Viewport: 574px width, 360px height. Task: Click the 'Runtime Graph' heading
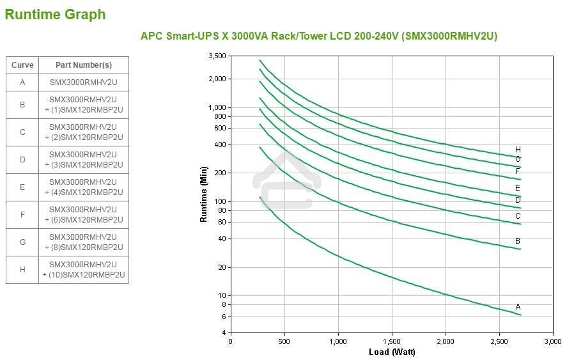pyautogui.click(x=55, y=15)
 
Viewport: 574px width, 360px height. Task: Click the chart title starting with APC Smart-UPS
pyautogui.click(x=318, y=36)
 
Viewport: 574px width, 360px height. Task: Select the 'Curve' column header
pyautogui.click(x=22, y=65)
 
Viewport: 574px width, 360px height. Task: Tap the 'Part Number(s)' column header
pyautogui.click(x=84, y=65)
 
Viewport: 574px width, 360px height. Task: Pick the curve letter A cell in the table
pyautogui.click(x=22, y=82)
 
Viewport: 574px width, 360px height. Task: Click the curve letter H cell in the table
pyautogui.click(x=22, y=270)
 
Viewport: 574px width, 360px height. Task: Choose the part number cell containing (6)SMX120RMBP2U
pyautogui.click(x=84, y=215)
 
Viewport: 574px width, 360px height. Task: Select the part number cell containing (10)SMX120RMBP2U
pyautogui.click(x=84, y=270)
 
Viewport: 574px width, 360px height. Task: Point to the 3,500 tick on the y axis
pyautogui.click(x=217, y=56)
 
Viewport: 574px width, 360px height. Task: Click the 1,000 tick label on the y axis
pyautogui.click(x=217, y=107)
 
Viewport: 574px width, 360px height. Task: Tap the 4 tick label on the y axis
pyautogui.click(x=223, y=333)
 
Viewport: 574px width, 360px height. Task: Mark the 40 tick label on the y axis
pyautogui.click(x=221, y=239)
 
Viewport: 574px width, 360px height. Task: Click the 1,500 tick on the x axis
pyautogui.click(x=392, y=341)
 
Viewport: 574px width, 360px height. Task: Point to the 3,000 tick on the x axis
pyautogui.click(x=552, y=341)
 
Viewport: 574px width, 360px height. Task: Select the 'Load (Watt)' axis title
pyautogui.click(x=392, y=352)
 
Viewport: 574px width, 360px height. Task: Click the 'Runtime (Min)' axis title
pyautogui.click(x=204, y=194)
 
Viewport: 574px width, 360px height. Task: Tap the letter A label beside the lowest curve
pyautogui.click(x=518, y=307)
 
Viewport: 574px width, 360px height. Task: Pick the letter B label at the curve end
pyautogui.click(x=518, y=241)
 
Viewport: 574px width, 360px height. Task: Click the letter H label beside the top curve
pyautogui.click(x=518, y=150)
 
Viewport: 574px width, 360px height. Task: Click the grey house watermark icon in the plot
pyautogui.click(x=283, y=180)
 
